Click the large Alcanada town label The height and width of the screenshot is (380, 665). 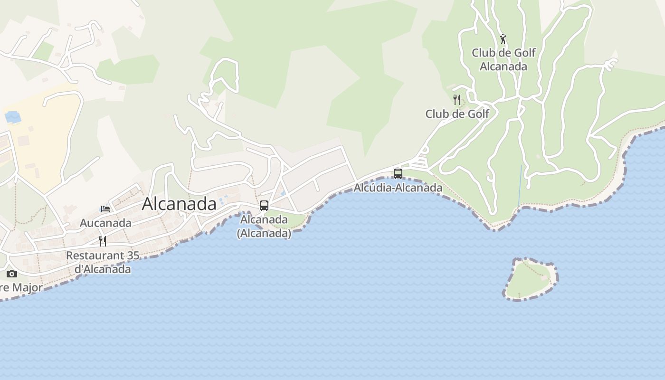pos(179,204)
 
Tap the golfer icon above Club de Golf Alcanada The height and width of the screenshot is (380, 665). pos(503,39)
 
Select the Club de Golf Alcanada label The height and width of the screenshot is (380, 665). pos(503,59)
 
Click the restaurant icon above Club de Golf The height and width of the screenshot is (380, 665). pos(457,100)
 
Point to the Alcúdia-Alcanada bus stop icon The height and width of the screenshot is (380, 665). pos(398,174)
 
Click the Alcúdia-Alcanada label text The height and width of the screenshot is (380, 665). pos(398,188)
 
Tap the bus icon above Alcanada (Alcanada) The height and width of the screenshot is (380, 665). pos(264,206)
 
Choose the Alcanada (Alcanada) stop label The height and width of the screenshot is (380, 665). pos(264,227)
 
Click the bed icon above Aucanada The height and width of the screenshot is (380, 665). pos(105,209)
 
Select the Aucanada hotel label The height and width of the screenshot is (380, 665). pos(105,223)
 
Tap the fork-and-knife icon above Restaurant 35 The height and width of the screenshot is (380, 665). pos(103,241)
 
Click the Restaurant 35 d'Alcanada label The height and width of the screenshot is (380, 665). pos(103,262)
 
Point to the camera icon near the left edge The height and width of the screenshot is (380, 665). pos(12,274)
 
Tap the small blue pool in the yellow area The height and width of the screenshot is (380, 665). pos(12,116)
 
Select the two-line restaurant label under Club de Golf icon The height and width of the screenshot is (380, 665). pos(457,114)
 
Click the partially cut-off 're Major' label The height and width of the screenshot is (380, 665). pos(21,288)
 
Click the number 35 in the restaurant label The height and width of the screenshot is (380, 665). pos(133,256)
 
